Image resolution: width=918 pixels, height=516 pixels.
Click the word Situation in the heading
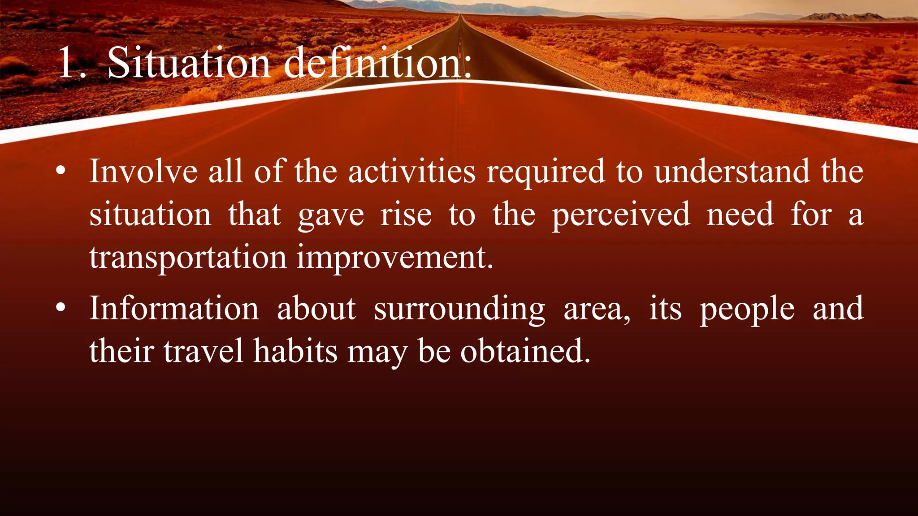point(189,63)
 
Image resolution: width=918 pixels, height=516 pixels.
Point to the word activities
point(411,172)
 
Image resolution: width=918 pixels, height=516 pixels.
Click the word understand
point(732,172)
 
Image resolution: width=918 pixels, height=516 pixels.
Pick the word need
point(740,215)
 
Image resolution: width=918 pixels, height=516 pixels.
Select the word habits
point(295,351)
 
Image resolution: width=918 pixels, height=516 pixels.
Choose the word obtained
point(525,351)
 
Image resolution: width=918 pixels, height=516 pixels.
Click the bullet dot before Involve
point(61,171)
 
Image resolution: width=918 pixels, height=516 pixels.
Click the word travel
point(204,351)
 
